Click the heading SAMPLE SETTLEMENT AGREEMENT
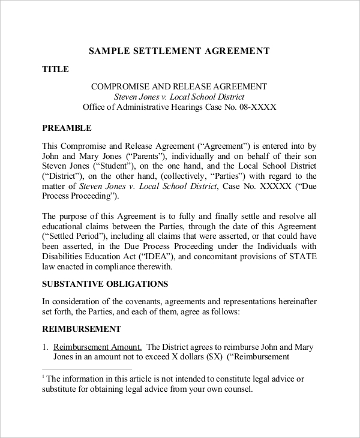tap(179, 51)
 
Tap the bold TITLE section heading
tap(55, 69)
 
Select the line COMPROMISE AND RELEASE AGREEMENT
tap(179, 86)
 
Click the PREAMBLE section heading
tap(66, 128)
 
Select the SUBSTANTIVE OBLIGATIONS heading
tap(105, 284)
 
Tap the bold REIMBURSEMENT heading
tap(81, 329)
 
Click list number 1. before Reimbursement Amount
tap(46, 347)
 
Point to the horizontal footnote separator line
tap(87, 370)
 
